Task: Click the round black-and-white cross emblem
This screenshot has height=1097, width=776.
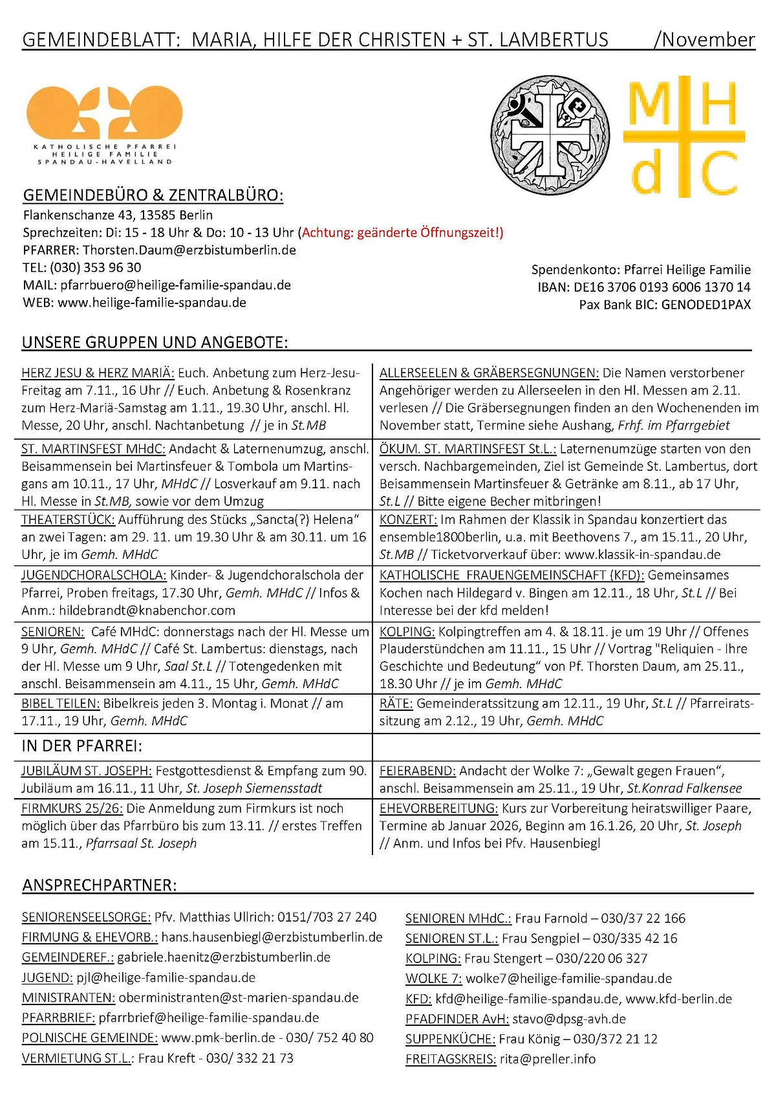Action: (550, 135)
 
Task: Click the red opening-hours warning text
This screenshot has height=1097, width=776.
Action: (401, 233)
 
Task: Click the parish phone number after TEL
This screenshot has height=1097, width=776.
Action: (96, 268)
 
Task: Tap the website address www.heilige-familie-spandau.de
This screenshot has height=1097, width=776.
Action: (152, 303)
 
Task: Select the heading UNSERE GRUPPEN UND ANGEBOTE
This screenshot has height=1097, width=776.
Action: (155, 342)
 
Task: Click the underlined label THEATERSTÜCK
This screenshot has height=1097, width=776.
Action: (69, 520)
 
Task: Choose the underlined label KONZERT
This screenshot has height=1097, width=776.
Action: (408, 520)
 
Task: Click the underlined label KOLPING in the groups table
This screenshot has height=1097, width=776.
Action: (407, 632)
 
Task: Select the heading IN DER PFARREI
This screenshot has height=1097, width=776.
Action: (82, 746)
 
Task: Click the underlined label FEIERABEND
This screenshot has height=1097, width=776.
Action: (418, 771)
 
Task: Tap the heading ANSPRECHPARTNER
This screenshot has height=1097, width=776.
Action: (100, 885)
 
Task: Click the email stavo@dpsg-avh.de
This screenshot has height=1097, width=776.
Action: (569, 1019)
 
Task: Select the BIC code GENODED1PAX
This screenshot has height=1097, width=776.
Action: (706, 305)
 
